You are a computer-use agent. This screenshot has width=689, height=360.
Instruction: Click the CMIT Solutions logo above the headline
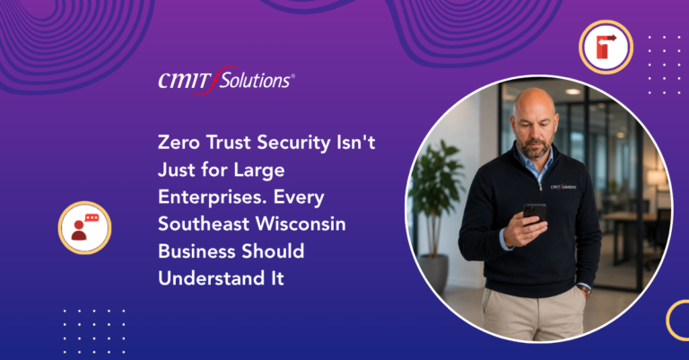tap(226, 80)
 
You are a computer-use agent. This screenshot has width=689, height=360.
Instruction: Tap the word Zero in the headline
tap(179, 143)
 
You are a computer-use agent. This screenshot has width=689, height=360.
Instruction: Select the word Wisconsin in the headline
tap(301, 224)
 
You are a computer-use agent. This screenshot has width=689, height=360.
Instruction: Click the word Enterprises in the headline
tap(213, 198)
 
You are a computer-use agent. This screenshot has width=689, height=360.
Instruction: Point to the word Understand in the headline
tap(209, 278)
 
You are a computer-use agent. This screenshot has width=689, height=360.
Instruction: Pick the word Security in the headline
tap(293, 144)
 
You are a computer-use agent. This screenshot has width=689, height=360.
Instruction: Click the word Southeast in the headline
tap(204, 224)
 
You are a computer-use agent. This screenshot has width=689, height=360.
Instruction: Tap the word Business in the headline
tap(196, 251)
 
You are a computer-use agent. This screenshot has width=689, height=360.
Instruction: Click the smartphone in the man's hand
tap(534, 214)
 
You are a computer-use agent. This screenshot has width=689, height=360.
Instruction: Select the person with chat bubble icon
tap(84, 228)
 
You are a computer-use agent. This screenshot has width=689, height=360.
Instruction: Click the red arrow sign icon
tap(606, 47)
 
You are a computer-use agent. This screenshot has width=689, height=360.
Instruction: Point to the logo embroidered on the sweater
tap(563, 187)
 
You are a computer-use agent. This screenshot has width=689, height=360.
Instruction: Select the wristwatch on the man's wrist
tap(585, 290)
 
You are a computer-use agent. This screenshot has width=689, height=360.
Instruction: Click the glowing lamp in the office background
tap(657, 179)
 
